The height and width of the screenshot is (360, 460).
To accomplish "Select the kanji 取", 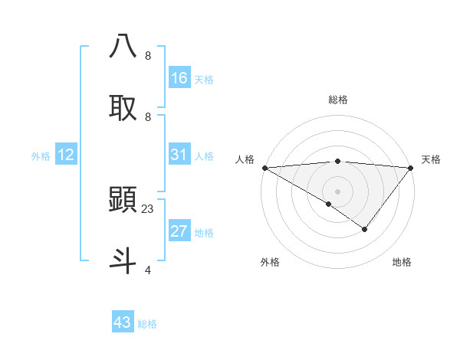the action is click(123, 107).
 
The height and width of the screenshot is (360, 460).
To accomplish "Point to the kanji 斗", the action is click(123, 259).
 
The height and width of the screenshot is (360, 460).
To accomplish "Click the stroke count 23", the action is click(149, 208).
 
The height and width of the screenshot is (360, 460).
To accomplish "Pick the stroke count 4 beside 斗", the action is click(148, 270).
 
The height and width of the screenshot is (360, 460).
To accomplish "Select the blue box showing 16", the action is click(179, 78).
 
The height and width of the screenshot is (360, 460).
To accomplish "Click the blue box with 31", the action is click(179, 155).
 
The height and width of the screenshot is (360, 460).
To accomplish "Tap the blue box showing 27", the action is click(179, 231).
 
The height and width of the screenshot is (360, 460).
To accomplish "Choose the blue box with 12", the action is click(65, 155).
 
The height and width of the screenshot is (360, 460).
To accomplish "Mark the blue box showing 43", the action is click(123, 322).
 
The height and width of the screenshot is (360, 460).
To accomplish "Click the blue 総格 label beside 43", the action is click(148, 324).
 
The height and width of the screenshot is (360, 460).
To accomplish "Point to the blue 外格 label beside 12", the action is click(41, 156).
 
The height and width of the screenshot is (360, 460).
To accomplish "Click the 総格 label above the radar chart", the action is click(338, 100).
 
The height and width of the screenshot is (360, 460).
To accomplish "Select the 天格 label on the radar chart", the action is click(431, 159).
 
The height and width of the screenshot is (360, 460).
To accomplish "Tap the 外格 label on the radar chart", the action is click(270, 263).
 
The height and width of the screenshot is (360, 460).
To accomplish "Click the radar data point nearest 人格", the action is click(264, 167).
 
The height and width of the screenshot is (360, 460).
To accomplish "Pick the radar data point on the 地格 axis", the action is click(365, 229).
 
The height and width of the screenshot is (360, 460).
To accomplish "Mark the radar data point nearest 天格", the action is click(411, 167).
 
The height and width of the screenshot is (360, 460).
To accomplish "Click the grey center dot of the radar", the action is click(337, 191).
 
